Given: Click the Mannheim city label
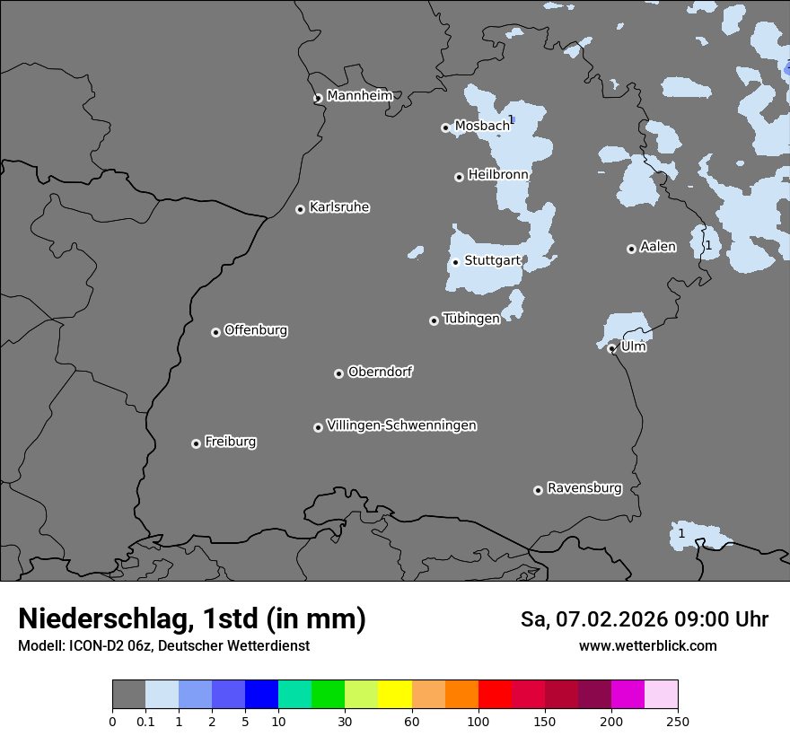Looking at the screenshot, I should click(359, 96).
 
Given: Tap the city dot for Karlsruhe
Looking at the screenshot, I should click(301, 209).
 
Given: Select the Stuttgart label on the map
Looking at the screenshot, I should click(492, 260).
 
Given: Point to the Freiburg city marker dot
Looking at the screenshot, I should click(196, 443).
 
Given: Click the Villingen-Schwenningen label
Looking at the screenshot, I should click(401, 425).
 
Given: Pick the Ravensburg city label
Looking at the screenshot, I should click(584, 488).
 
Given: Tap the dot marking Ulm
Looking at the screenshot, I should click(611, 348).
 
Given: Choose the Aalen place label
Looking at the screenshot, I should click(657, 247).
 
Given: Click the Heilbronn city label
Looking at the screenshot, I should click(498, 175).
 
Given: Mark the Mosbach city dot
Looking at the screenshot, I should click(445, 127).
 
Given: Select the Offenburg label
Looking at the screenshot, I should click(256, 330).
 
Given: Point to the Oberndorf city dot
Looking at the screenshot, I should click(338, 373).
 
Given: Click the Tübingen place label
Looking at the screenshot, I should click(471, 319).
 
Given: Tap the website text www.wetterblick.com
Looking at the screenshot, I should click(647, 646).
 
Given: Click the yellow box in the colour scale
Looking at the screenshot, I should click(395, 695).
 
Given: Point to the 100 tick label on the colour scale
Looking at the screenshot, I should click(478, 721).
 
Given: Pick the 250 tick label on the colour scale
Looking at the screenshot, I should click(678, 721).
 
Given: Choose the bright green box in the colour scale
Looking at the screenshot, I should click(328, 695).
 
